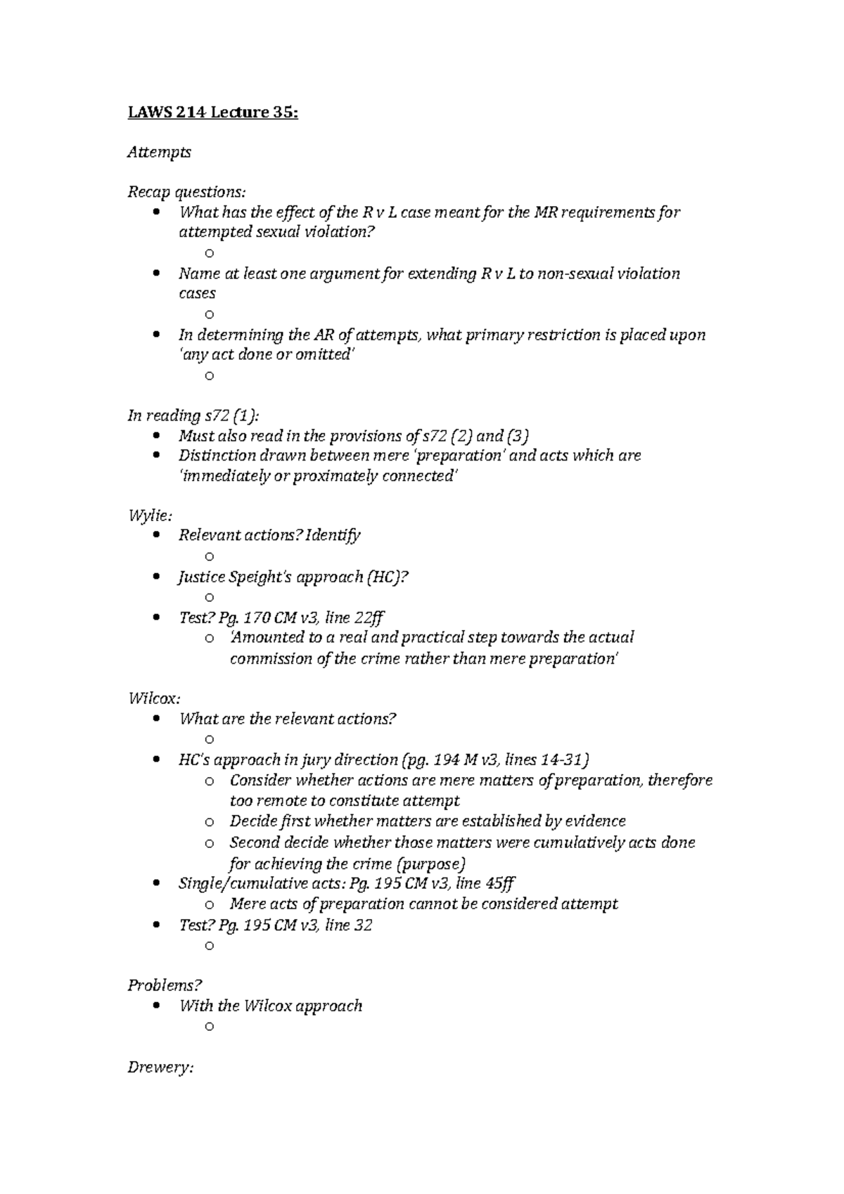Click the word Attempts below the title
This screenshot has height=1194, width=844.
[x=159, y=152]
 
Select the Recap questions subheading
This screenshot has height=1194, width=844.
[x=187, y=192]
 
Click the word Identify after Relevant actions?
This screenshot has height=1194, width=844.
[x=334, y=535]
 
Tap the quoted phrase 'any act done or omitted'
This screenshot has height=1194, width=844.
[x=267, y=355]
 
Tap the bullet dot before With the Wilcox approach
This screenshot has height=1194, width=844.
[x=156, y=1006]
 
